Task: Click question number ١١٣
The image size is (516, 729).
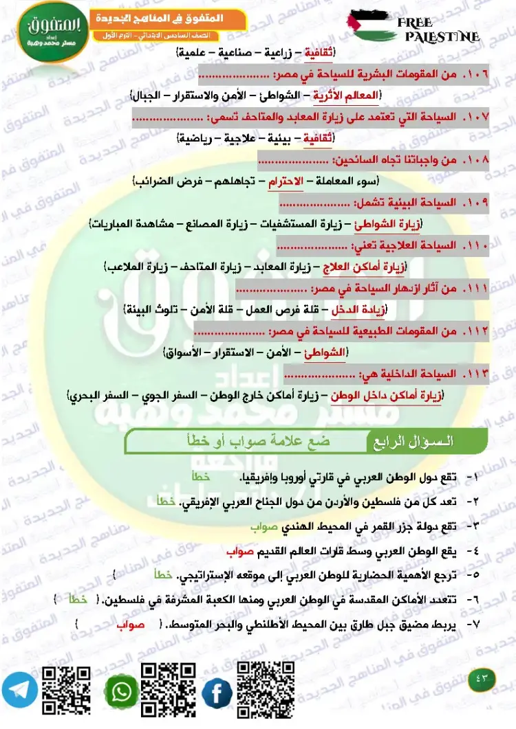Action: [x=475, y=374]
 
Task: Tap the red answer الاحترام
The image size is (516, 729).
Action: [x=284, y=181]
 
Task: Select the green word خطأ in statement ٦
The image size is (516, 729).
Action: [x=76, y=600]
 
